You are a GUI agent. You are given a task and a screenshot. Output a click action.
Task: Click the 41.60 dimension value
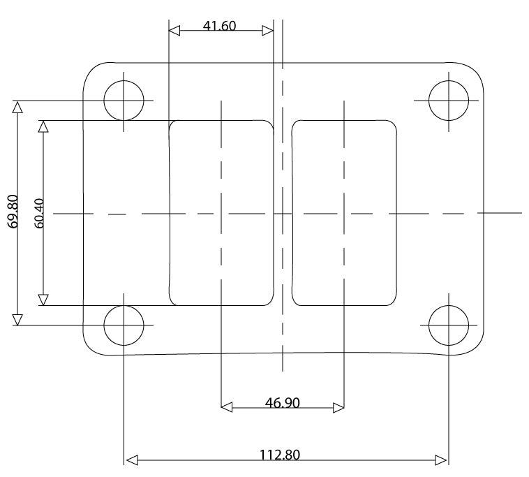pos(220,27)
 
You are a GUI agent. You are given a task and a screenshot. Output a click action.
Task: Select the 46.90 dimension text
pos(283,402)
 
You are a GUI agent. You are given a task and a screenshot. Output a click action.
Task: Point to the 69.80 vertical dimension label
pos(13,213)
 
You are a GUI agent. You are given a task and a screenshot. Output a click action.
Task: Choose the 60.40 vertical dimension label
pos(38,213)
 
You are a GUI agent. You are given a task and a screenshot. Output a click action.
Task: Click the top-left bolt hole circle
pos(124,101)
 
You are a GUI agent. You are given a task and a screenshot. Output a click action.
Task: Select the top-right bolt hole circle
pos(448,101)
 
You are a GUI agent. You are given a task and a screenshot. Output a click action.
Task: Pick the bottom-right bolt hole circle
pos(448,325)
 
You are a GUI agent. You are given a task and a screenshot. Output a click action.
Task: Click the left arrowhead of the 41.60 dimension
pos(174,31)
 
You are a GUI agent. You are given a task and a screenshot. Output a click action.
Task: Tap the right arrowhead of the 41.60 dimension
pos(267,31)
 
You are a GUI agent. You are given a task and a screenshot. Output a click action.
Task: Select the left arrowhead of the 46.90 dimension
pos(226,407)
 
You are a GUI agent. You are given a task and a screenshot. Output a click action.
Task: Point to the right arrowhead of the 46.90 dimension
pos(338,407)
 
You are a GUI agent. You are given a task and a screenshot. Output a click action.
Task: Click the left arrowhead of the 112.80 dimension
pos(131,460)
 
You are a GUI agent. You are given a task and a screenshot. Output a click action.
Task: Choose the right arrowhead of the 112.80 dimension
pos(441,460)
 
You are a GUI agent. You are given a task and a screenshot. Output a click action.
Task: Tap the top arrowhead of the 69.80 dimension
pos(17,107)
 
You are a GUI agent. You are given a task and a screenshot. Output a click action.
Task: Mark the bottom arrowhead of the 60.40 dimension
pos(43,300)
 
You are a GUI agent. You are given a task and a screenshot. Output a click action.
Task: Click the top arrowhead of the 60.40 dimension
pos(43,126)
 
